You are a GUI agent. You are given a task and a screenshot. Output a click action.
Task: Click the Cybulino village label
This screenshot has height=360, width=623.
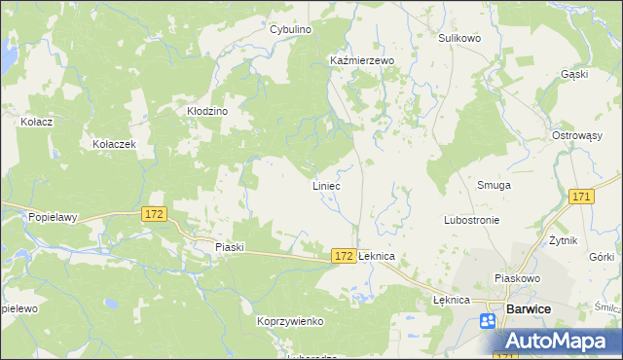[290, 30]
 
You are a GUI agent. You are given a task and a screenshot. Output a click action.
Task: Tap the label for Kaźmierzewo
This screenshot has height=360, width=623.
[361, 60]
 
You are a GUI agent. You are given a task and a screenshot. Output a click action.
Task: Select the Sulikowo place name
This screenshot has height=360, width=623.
[459, 38]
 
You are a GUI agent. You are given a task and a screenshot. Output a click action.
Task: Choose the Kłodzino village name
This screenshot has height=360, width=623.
[206, 112]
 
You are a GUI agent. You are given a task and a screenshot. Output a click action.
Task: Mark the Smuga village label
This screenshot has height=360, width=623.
[494, 185]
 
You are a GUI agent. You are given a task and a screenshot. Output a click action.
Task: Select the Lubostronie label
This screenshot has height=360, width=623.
[471, 220]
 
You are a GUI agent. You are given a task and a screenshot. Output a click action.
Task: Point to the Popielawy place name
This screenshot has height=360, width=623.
[53, 218]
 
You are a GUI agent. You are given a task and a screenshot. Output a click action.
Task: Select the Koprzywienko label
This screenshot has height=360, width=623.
[290, 321]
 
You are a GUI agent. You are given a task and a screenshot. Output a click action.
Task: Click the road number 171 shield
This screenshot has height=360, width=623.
[582, 198]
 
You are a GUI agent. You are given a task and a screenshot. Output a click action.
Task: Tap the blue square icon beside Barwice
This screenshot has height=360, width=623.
[488, 320]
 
